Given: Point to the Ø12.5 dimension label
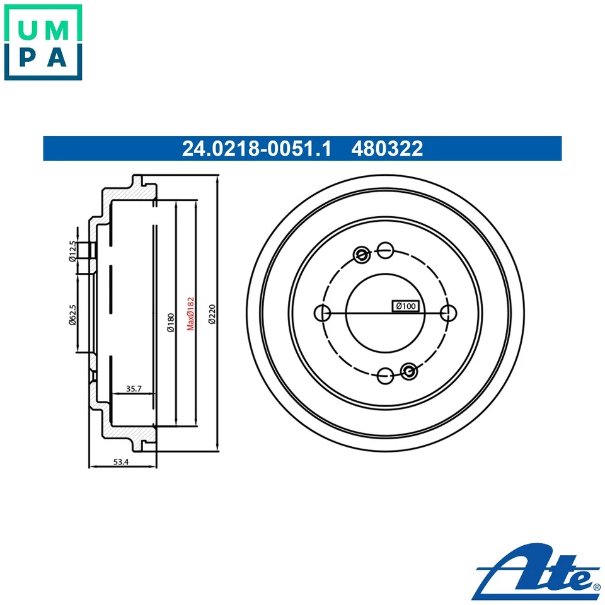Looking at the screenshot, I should tap(72, 251).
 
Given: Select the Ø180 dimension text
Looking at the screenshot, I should tap(170, 323).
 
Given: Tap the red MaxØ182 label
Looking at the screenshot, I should tap(189, 313).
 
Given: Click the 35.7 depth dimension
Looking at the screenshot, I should tap(133, 389).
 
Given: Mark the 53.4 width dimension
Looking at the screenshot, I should tap(121, 462).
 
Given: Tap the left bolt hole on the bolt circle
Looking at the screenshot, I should tap(322, 313).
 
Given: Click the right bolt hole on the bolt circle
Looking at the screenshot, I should tap(448, 313).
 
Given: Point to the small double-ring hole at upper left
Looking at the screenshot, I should tap(362, 255).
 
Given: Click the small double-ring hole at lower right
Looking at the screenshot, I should tap(409, 371).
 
